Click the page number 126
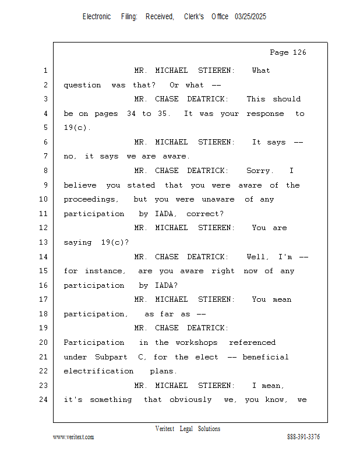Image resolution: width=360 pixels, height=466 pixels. point(299,52)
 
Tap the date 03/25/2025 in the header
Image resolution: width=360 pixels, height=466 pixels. point(250,17)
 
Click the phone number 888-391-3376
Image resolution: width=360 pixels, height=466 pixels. point(303,437)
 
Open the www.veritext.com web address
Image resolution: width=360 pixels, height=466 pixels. point(73,437)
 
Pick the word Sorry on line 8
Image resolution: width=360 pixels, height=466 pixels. point(259,171)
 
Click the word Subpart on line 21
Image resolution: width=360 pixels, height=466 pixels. point(114,357)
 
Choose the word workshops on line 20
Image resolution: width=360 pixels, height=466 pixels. point(196,343)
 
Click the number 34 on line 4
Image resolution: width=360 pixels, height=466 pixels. point(132,114)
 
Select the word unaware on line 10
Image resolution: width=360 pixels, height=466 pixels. point(218,199)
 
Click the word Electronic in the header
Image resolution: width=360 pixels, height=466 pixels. point(97,17)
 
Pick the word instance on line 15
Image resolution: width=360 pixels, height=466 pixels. point(105,271)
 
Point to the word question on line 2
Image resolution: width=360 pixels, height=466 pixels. point(82,85)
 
